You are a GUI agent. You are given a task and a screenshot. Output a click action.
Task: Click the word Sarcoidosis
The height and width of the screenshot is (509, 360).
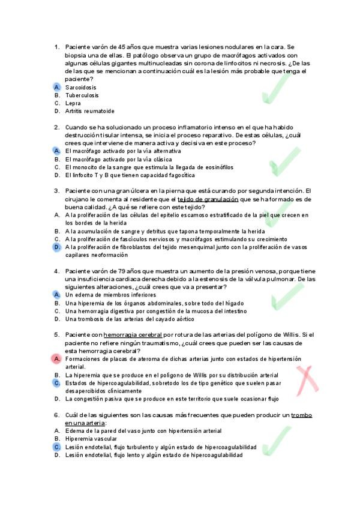(82, 87)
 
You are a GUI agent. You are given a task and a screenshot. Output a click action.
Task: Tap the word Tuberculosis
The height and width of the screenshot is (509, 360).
(82, 95)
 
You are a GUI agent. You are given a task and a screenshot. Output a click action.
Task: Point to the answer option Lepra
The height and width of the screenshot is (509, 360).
(73, 103)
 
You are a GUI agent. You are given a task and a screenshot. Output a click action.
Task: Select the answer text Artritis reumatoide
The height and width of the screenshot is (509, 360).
(90, 111)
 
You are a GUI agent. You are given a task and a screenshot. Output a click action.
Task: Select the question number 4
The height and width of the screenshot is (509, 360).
(56, 271)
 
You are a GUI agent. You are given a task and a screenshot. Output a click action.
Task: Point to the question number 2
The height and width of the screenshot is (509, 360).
(56, 127)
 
